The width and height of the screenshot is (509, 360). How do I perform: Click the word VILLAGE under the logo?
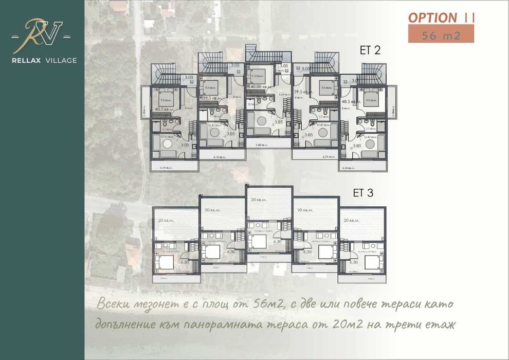[x=61, y=61]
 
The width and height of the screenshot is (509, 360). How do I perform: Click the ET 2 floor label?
[x=369, y=50]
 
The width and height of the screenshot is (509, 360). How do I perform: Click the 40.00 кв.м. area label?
[x=260, y=86]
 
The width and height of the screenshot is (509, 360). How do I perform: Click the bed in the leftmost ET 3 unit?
[x=166, y=262]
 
